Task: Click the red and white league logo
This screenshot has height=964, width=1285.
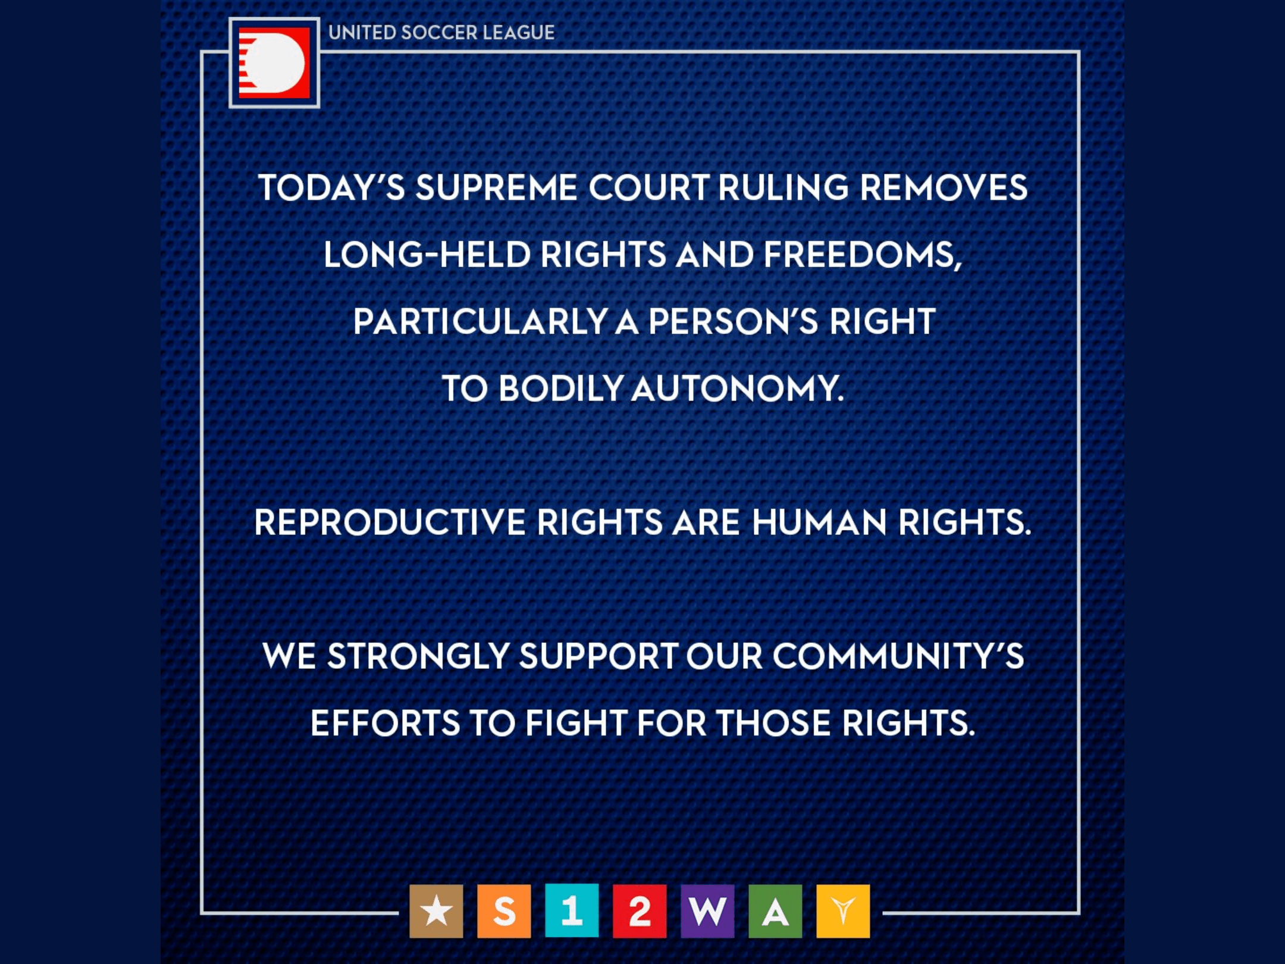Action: click(274, 63)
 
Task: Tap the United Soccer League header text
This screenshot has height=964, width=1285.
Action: click(441, 32)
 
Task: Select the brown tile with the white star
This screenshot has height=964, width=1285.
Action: click(436, 911)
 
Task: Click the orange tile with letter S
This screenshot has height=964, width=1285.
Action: click(504, 911)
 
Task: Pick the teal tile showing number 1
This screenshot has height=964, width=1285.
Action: click(572, 911)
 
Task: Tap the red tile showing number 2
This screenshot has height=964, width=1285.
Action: click(640, 911)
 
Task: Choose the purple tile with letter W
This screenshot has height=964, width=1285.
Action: click(707, 911)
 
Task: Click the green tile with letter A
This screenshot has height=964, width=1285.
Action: click(775, 911)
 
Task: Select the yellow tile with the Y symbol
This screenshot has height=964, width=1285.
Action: click(843, 911)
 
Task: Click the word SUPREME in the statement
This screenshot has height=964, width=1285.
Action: click(496, 187)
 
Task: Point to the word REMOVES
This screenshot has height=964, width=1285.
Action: click(944, 187)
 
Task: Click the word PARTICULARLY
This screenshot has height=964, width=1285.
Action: click(480, 322)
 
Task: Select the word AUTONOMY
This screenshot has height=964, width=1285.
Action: click(738, 389)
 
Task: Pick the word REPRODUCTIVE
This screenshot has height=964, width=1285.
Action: click(390, 522)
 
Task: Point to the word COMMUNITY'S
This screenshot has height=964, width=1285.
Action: click(898, 656)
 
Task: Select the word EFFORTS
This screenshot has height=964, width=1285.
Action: click(385, 724)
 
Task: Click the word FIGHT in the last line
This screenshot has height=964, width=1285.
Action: click(576, 724)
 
